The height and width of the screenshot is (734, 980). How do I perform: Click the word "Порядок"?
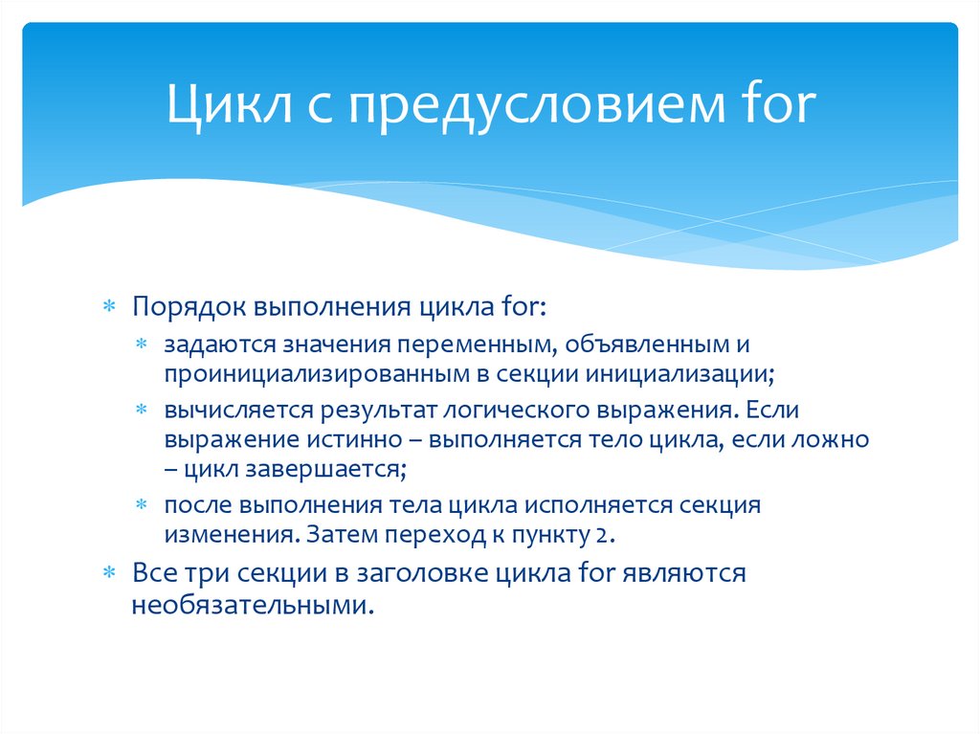pos(189,308)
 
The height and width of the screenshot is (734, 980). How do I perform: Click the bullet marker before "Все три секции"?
pos(110,574)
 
